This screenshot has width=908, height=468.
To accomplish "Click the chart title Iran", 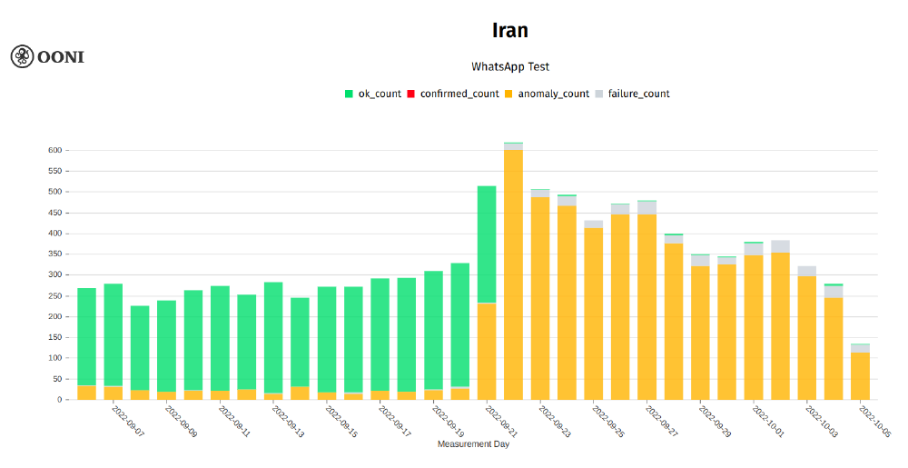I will (x=509, y=30).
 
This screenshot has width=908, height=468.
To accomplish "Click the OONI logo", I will (x=47, y=56).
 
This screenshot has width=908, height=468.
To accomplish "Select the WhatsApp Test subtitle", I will (x=509, y=66).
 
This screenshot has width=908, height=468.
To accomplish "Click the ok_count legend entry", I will (x=372, y=94).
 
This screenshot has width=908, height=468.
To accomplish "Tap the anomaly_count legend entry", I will (x=547, y=94).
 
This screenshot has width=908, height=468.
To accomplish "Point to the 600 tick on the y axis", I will (x=54, y=150).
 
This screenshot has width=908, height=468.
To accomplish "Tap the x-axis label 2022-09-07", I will (x=127, y=421).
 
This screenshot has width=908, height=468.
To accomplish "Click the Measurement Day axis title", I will (x=474, y=444).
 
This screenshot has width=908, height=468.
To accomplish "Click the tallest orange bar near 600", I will (x=513, y=273).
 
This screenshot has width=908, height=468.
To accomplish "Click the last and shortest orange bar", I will (x=860, y=375).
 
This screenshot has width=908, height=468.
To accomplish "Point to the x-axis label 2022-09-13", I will (x=287, y=421).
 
